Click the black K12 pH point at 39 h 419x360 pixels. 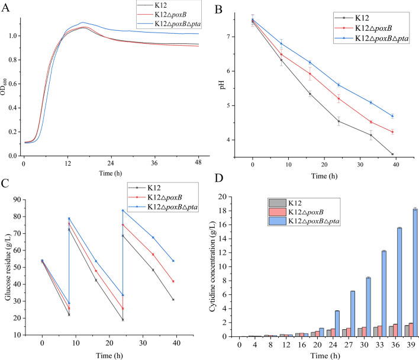coord(392,155)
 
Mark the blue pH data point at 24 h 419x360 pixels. coord(339,85)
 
